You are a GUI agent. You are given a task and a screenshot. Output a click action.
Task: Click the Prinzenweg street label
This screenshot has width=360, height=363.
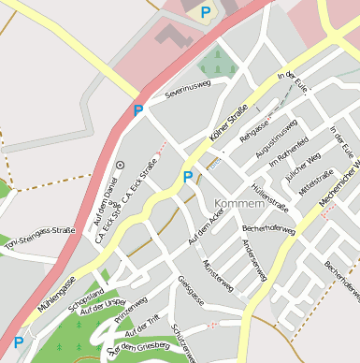pos(131,311)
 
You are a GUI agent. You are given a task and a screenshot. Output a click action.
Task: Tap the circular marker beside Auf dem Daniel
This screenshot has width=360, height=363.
pos(120,165)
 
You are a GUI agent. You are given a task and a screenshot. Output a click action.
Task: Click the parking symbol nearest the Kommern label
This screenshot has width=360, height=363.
pos(188,176)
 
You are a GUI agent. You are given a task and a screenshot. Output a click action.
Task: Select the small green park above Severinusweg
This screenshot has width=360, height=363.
pos(217,63)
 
